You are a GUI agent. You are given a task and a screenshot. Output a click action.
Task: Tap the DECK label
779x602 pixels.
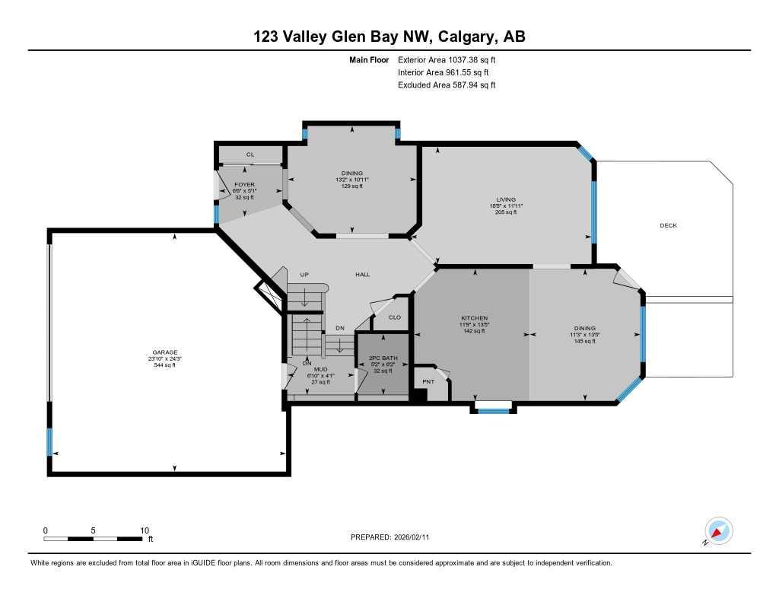(x=668, y=225)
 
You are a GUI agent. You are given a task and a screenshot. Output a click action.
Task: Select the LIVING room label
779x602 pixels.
(x=506, y=199)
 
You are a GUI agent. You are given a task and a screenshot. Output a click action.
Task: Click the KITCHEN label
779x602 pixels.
(x=474, y=318)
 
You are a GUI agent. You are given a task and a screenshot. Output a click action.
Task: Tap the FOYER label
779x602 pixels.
(x=244, y=184)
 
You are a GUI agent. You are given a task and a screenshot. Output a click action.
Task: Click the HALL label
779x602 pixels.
(x=363, y=274)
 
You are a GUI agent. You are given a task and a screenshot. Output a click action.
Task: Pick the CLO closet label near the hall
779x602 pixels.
(x=394, y=317)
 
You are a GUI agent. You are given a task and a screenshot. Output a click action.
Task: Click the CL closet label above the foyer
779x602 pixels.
(x=250, y=154)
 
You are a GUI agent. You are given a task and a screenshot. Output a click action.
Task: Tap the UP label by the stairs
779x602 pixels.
(x=304, y=275)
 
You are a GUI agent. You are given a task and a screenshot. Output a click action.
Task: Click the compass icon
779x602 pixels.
(x=718, y=530)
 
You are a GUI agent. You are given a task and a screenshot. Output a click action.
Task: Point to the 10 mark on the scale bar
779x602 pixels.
(x=145, y=530)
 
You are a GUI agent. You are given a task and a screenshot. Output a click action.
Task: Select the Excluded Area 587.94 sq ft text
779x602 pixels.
(x=447, y=85)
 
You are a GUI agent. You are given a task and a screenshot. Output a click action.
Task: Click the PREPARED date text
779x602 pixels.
(x=395, y=537)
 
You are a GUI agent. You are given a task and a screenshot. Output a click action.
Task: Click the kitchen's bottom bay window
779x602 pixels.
(x=494, y=410)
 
